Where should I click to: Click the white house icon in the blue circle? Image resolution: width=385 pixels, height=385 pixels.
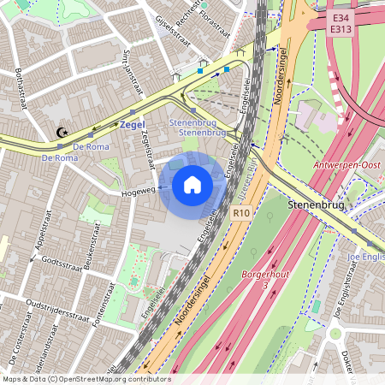click(192, 184)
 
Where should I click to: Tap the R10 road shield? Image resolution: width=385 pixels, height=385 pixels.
click(241, 211)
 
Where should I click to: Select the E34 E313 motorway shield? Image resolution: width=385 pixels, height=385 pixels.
click(343, 22)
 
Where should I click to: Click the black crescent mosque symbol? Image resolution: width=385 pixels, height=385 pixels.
click(61, 133)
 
